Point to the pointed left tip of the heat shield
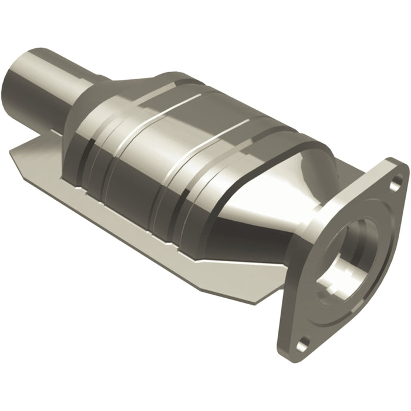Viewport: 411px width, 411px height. [x=13, y=154]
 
